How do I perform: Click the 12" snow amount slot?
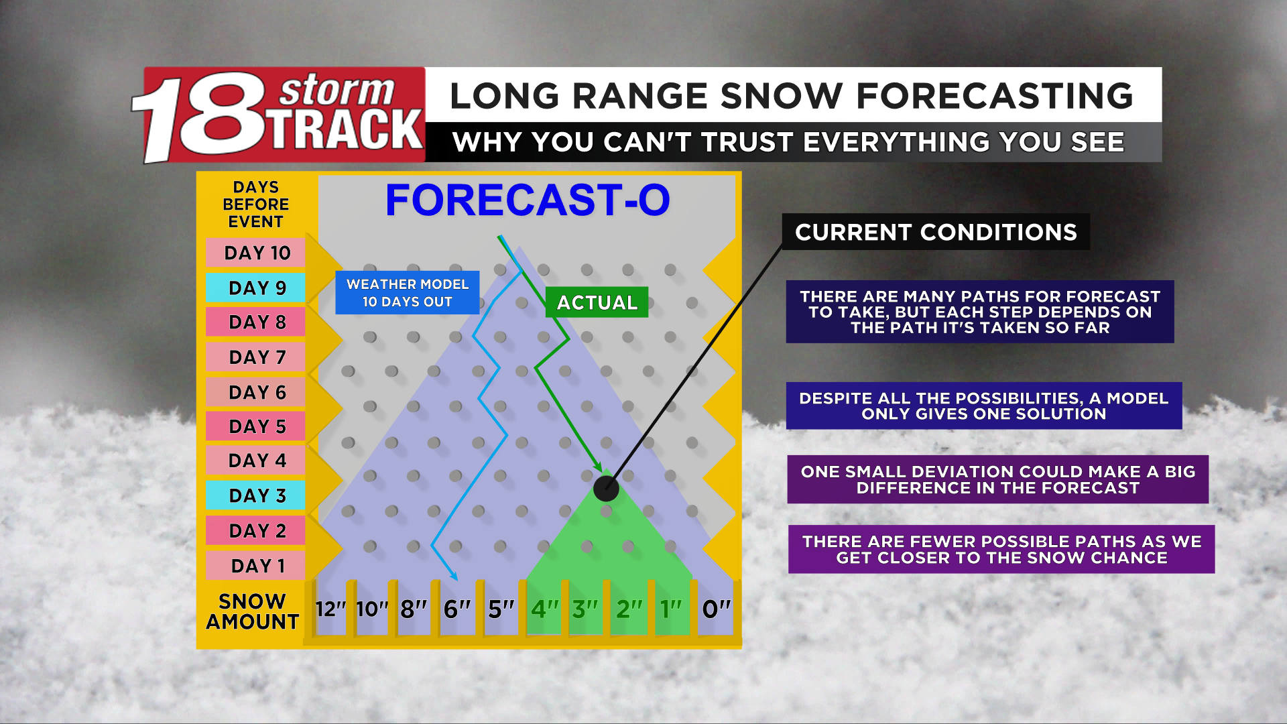pos(330,609)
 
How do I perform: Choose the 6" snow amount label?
pos(457,609)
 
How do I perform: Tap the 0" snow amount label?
pos(716,609)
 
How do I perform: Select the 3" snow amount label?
pos(585,609)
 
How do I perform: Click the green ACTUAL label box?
pos(597,302)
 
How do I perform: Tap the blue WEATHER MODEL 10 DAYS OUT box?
pos(408,293)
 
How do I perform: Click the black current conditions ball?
pos(606,489)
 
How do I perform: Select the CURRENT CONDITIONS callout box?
pos(936,232)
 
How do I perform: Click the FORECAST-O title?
pos(528,200)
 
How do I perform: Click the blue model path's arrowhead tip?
pos(457,581)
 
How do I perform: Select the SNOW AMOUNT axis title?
pos(253,611)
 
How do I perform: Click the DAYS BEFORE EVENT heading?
pos(255,204)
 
